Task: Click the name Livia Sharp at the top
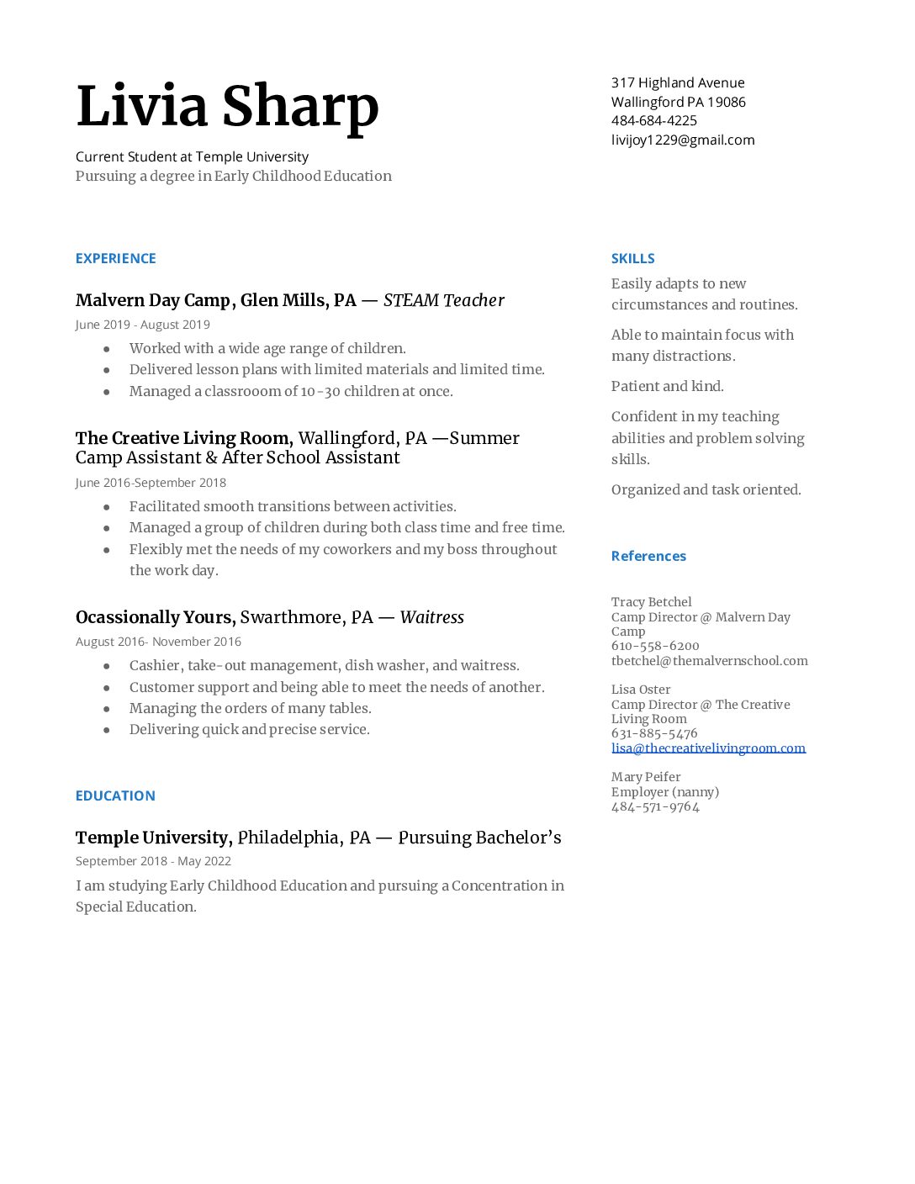click(227, 107)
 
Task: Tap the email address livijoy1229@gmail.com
click(682, 140)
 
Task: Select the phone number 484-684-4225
click(653, 120)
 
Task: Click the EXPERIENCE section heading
click(115, 258)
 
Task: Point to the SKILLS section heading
click(632, 258)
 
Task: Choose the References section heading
click(648, 556)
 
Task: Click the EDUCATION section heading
click(115, 795)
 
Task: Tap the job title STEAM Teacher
click(443, 300)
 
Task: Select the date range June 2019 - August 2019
click(142, 325)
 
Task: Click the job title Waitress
click(431, 617)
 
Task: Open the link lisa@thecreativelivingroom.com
click(708, 748)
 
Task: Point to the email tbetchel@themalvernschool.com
click(709, 661)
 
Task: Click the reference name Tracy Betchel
click(651, 602)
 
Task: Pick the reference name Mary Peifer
click(646, 777)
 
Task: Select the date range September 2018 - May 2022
click(153, 861)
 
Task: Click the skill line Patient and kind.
click(667, 386)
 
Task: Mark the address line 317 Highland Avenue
click(678, 82)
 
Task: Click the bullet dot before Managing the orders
click(107, 709)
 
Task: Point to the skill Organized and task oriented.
click(706, 489)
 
